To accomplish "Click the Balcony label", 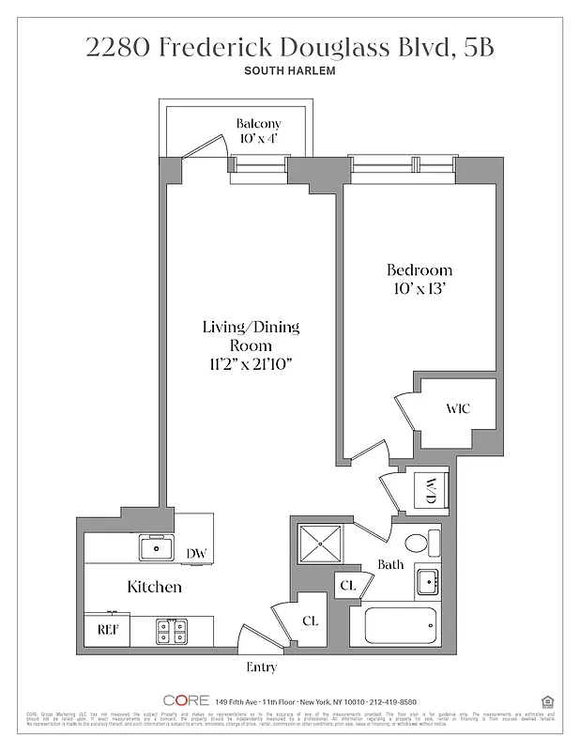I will pyautogui.click(x=258, y=123).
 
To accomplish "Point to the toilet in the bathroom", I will pyautogui.click(x=423, y=543).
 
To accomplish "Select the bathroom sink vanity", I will pyautogui.click(x=427, y=582).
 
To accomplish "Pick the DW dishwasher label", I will pyautogui.click(x=195, y=554).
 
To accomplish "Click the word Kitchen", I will pyautogui.click(x=154, y=588).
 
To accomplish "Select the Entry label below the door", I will pyautogui.click(x=261, y=667).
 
